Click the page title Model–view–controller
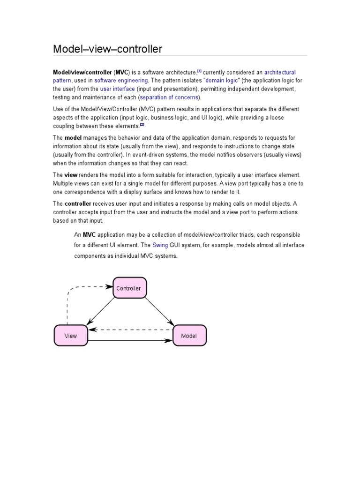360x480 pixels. (107, 49)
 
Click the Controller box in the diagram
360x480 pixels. (129, 288)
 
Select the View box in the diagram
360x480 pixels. (70, 336)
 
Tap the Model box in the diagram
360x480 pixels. (189, 336)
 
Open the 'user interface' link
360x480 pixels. (117, 89)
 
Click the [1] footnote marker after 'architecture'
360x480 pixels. (199, 71)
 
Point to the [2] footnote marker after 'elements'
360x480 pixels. (142, 125)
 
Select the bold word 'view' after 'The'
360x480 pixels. (71, 174)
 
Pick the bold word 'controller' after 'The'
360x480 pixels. (78, 204)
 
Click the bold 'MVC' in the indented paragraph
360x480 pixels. (89, 234)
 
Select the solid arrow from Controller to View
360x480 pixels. (100, 311)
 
